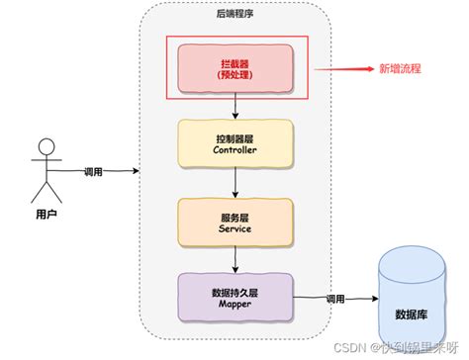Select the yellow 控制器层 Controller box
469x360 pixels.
point(234,143)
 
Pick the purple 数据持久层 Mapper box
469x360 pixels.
point(234,297)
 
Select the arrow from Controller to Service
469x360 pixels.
point(234,182)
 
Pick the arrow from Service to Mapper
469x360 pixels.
point(234,258)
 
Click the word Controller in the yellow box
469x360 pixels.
point(234,151)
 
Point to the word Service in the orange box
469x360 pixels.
point(234,228)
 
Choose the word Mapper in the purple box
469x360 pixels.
point(234,306)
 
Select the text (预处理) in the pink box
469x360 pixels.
point(234,74)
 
